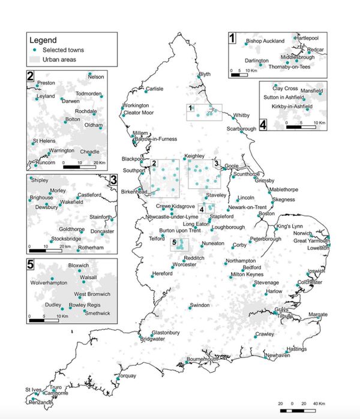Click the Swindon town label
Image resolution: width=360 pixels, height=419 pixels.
[199, 305]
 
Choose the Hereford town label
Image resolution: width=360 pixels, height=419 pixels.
[163, 273]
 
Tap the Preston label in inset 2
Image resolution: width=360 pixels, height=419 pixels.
[46, 83]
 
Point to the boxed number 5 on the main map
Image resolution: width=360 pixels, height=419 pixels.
[175, 243]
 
